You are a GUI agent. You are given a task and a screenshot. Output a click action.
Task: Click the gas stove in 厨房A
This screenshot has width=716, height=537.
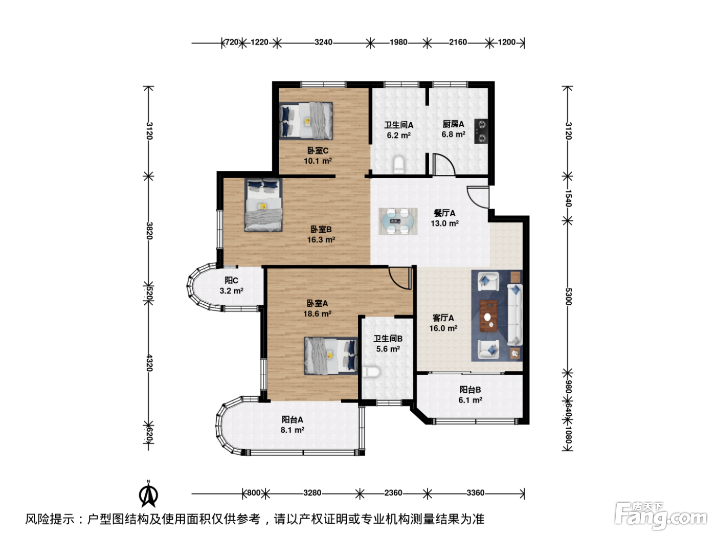[481, 131]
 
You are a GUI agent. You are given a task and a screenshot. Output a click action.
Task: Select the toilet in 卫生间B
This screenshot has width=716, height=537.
[371, 371]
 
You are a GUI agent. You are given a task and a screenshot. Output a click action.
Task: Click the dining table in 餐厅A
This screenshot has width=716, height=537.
[397, 221]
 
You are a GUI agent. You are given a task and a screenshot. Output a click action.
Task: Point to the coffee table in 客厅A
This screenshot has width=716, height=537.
[488, 316]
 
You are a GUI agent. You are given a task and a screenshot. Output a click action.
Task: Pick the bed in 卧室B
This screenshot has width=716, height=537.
[263, 205]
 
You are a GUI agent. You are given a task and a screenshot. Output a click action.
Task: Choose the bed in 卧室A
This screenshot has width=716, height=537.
[331, 356]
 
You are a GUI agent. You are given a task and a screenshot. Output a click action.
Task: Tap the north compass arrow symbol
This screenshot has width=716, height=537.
[148, 494]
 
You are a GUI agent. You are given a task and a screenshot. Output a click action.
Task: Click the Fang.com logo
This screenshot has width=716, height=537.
[661, 516]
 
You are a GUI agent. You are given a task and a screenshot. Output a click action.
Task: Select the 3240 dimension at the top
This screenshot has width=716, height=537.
[323, 42]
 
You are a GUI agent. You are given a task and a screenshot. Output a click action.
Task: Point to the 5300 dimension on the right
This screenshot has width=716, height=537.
[568, 297]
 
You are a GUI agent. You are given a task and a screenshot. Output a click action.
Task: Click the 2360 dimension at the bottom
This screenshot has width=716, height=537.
[393, 493]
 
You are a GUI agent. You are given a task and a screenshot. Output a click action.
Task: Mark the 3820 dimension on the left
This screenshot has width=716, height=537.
[149, 231]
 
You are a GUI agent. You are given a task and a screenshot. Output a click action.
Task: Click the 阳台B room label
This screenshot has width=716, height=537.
[470, 389]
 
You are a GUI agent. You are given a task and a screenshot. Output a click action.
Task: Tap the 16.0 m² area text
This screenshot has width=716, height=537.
[443, 328]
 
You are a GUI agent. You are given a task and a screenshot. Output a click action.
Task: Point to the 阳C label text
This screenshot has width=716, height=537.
[231, 280]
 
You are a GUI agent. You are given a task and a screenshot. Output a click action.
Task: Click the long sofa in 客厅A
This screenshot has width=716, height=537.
[515, 315]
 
